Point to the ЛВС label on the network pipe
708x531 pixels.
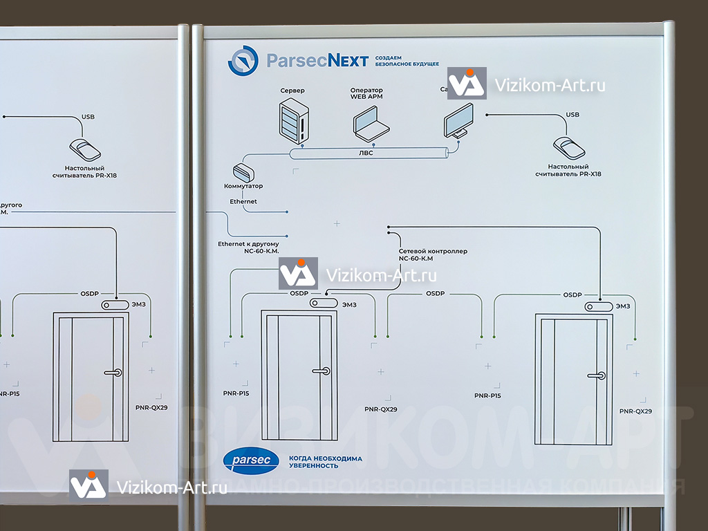[366, 153]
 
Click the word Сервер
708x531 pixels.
[292, 91]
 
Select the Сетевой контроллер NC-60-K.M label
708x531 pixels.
[433, 254]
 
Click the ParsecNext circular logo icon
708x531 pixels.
[243, 61]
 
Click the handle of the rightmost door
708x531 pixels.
[596, 375]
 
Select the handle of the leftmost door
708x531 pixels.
[113, 372]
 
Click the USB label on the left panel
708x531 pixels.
[88, 116]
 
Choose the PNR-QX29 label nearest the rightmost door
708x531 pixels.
[635, 411]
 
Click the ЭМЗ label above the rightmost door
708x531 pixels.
[623, 306]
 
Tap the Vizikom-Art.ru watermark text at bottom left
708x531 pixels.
[173, 487]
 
